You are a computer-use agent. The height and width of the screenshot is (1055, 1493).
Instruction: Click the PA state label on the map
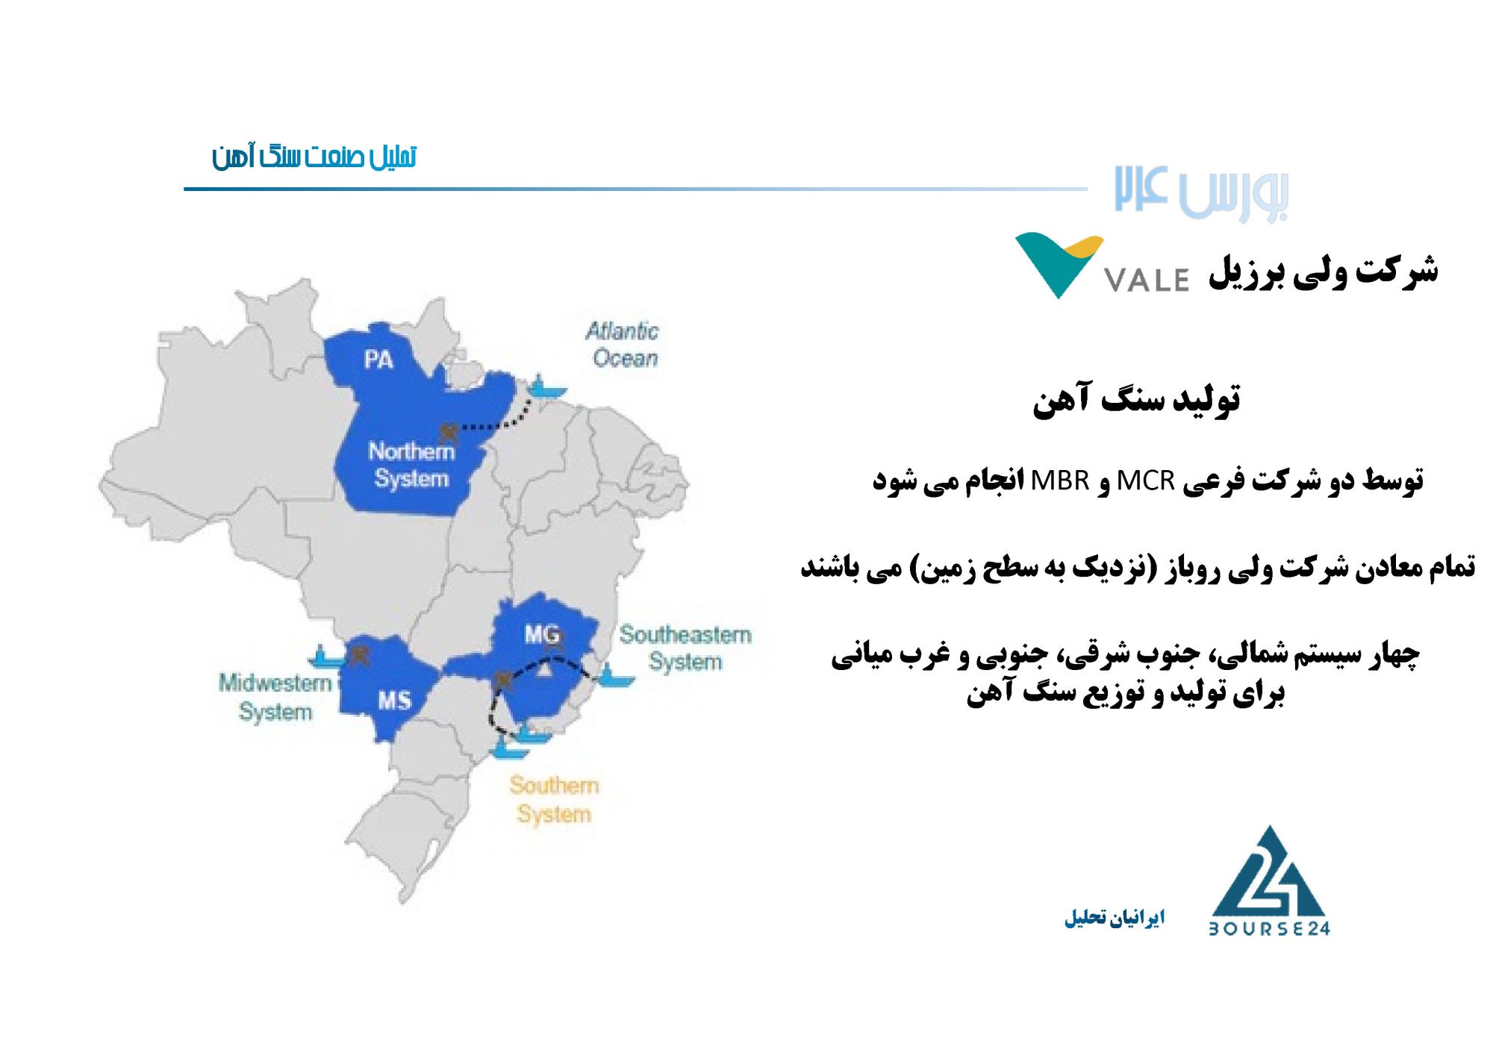coord(378,360)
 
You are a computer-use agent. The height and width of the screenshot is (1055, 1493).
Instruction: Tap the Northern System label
coord(411,465)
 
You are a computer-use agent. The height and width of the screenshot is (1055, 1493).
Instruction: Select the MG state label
coord(542,635)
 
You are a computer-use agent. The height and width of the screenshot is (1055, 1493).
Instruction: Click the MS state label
coord(394,701)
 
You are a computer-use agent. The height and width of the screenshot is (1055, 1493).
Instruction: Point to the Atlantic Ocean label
coord(623,345)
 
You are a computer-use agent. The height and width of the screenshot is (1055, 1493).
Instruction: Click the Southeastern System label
coord(685,648)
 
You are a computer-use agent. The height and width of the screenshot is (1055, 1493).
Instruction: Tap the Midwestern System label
coord(275,697)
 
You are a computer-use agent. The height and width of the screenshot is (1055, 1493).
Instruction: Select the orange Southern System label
coord(554,799)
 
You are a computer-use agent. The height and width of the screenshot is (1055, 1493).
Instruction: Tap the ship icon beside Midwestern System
coord(325,657)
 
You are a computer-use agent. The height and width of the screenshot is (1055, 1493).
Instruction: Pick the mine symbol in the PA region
coord(449,431)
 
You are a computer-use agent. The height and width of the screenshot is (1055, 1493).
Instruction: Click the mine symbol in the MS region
coord(360,656)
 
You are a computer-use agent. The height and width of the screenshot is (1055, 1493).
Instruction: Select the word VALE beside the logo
coord(1147,280)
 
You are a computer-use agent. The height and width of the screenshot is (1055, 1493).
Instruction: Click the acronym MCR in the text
coord(1146,481)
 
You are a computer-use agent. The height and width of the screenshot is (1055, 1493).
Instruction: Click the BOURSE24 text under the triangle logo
coord(1269,928)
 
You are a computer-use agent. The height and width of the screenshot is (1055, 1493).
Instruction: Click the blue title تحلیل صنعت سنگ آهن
coord(314,157)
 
